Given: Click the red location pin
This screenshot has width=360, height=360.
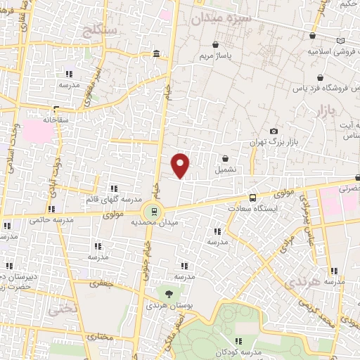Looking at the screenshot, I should pos(181,165).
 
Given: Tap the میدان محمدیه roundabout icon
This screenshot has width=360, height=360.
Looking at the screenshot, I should pos(152,211).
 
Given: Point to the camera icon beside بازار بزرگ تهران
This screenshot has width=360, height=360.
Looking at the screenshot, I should pos(274,131).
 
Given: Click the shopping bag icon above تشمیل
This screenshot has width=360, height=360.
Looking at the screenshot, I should pos(225,159).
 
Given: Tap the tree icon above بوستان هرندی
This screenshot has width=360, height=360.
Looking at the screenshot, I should pos(168,294).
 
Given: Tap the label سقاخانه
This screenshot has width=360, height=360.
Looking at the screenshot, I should pos(54,120).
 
